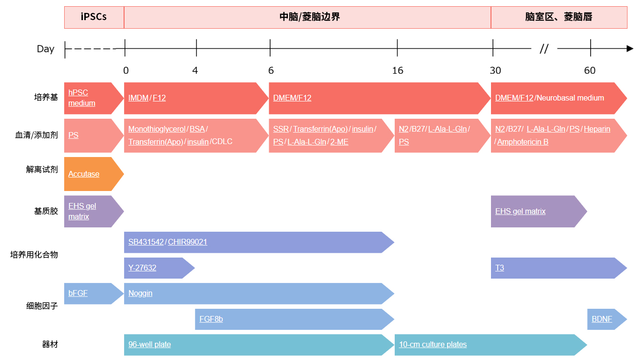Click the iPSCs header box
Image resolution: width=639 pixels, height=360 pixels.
[94, 17]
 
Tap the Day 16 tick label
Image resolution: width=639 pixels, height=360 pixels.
[398, 70]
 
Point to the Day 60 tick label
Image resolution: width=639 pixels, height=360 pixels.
[590, 70]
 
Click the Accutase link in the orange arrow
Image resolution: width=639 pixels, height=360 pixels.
[84, 174]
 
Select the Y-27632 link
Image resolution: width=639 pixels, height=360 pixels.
[142, 268]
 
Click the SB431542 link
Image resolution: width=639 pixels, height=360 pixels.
[146, 242]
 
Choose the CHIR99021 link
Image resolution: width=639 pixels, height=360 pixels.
[187, 242]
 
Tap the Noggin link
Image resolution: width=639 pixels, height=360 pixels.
[140, 293]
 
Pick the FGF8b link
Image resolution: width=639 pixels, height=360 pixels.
[211, 319]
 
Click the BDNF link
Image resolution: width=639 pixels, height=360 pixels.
[602, 319]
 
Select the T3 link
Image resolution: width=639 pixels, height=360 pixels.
[500, 268]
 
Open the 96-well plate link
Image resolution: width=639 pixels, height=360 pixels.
[149, 344]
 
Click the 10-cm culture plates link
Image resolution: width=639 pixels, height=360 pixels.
[433, 344]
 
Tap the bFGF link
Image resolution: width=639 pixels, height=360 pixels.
[78, 293]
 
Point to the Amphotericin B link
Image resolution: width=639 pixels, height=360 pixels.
[523, 142]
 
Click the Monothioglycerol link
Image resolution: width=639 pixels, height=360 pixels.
[157, 129]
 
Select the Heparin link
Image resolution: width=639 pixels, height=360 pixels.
[597, 129]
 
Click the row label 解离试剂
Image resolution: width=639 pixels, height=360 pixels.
[42, 169]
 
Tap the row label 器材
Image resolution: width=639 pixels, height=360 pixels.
[50, 344]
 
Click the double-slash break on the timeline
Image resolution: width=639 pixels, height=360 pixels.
[544, 49]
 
